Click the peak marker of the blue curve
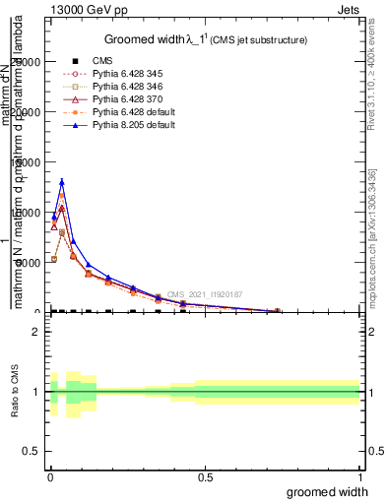coord(62,182)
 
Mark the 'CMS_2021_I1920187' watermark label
coord(205,294)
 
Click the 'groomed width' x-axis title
coord(328,491)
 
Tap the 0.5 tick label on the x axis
coord(205,477)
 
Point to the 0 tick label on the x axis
coord(49,477)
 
